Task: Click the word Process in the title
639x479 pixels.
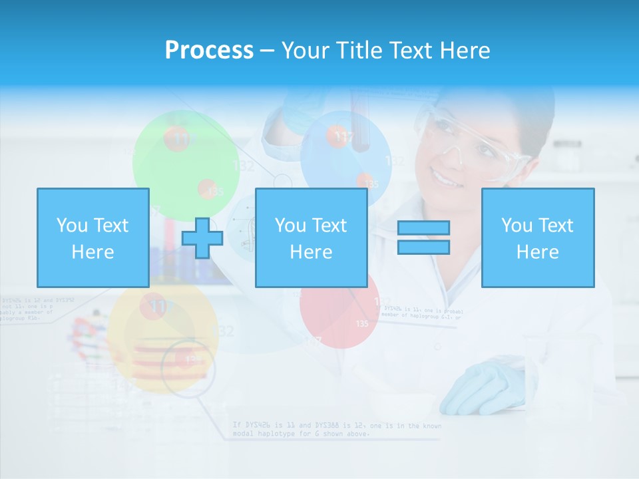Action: tap(209, 51)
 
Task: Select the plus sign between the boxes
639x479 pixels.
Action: tap(202, 238)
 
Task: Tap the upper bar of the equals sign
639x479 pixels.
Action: tap(423, 228)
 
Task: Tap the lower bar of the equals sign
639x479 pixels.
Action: tap(423, 247)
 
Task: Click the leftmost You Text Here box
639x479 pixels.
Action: tap(93, 238)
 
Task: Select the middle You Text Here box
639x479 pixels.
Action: tap(311, 238)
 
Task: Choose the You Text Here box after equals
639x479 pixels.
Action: tap(537, 238)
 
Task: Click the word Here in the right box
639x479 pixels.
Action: tap(537, 252)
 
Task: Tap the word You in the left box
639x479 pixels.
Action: tap(71, 225)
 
